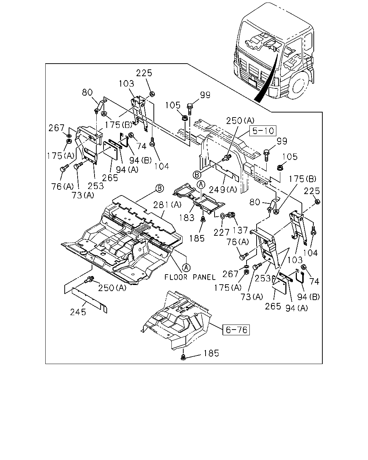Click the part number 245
[78, 312]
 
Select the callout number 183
[187, 218]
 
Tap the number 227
[221, 233]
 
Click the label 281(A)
[167, 205]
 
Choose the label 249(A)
[223, 190]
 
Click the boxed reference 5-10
[263, 131]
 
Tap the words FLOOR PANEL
[190, 277]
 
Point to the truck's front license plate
[252, 83]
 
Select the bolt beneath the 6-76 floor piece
[183, 357]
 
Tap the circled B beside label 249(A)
[197, 175]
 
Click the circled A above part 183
[201, 184]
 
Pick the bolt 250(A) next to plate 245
[89, 279]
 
